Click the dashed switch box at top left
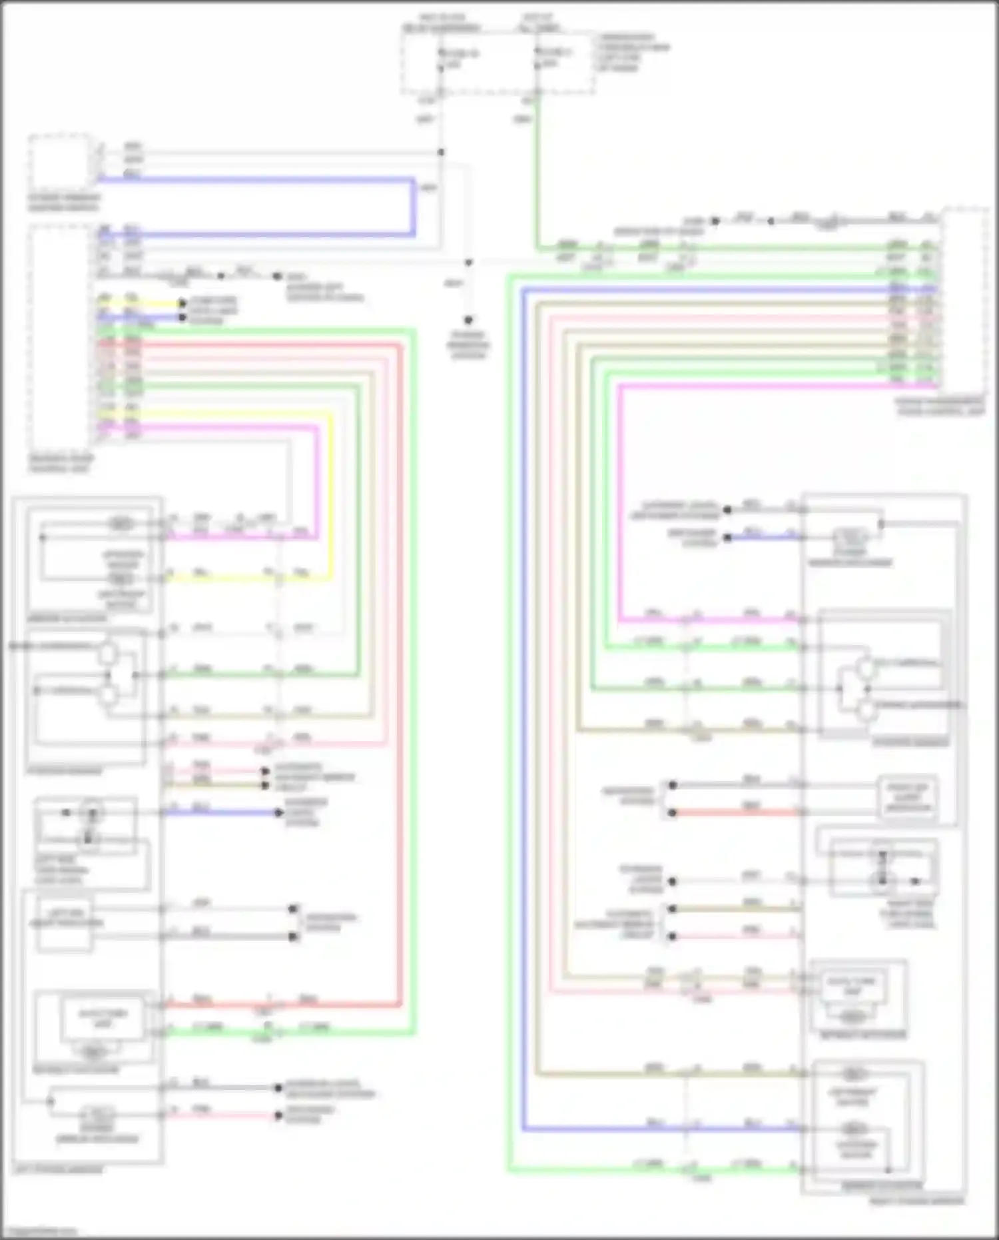pyautogui.click(x=60, y=162)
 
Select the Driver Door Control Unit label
pyautogui.click(x=60, y=464)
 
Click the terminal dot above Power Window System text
pyautogui.click(x=468, y=320)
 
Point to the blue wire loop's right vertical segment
pyautogui.click(x=414, y=207)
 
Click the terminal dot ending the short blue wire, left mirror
pyautogui.click(x=280, y=812)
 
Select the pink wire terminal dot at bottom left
pyautogui.click(x=278, y=1115)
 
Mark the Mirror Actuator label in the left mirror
pyautogui.click(x=67, y=618)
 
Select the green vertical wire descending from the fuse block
pyautogui.click(x=537, y=173)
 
